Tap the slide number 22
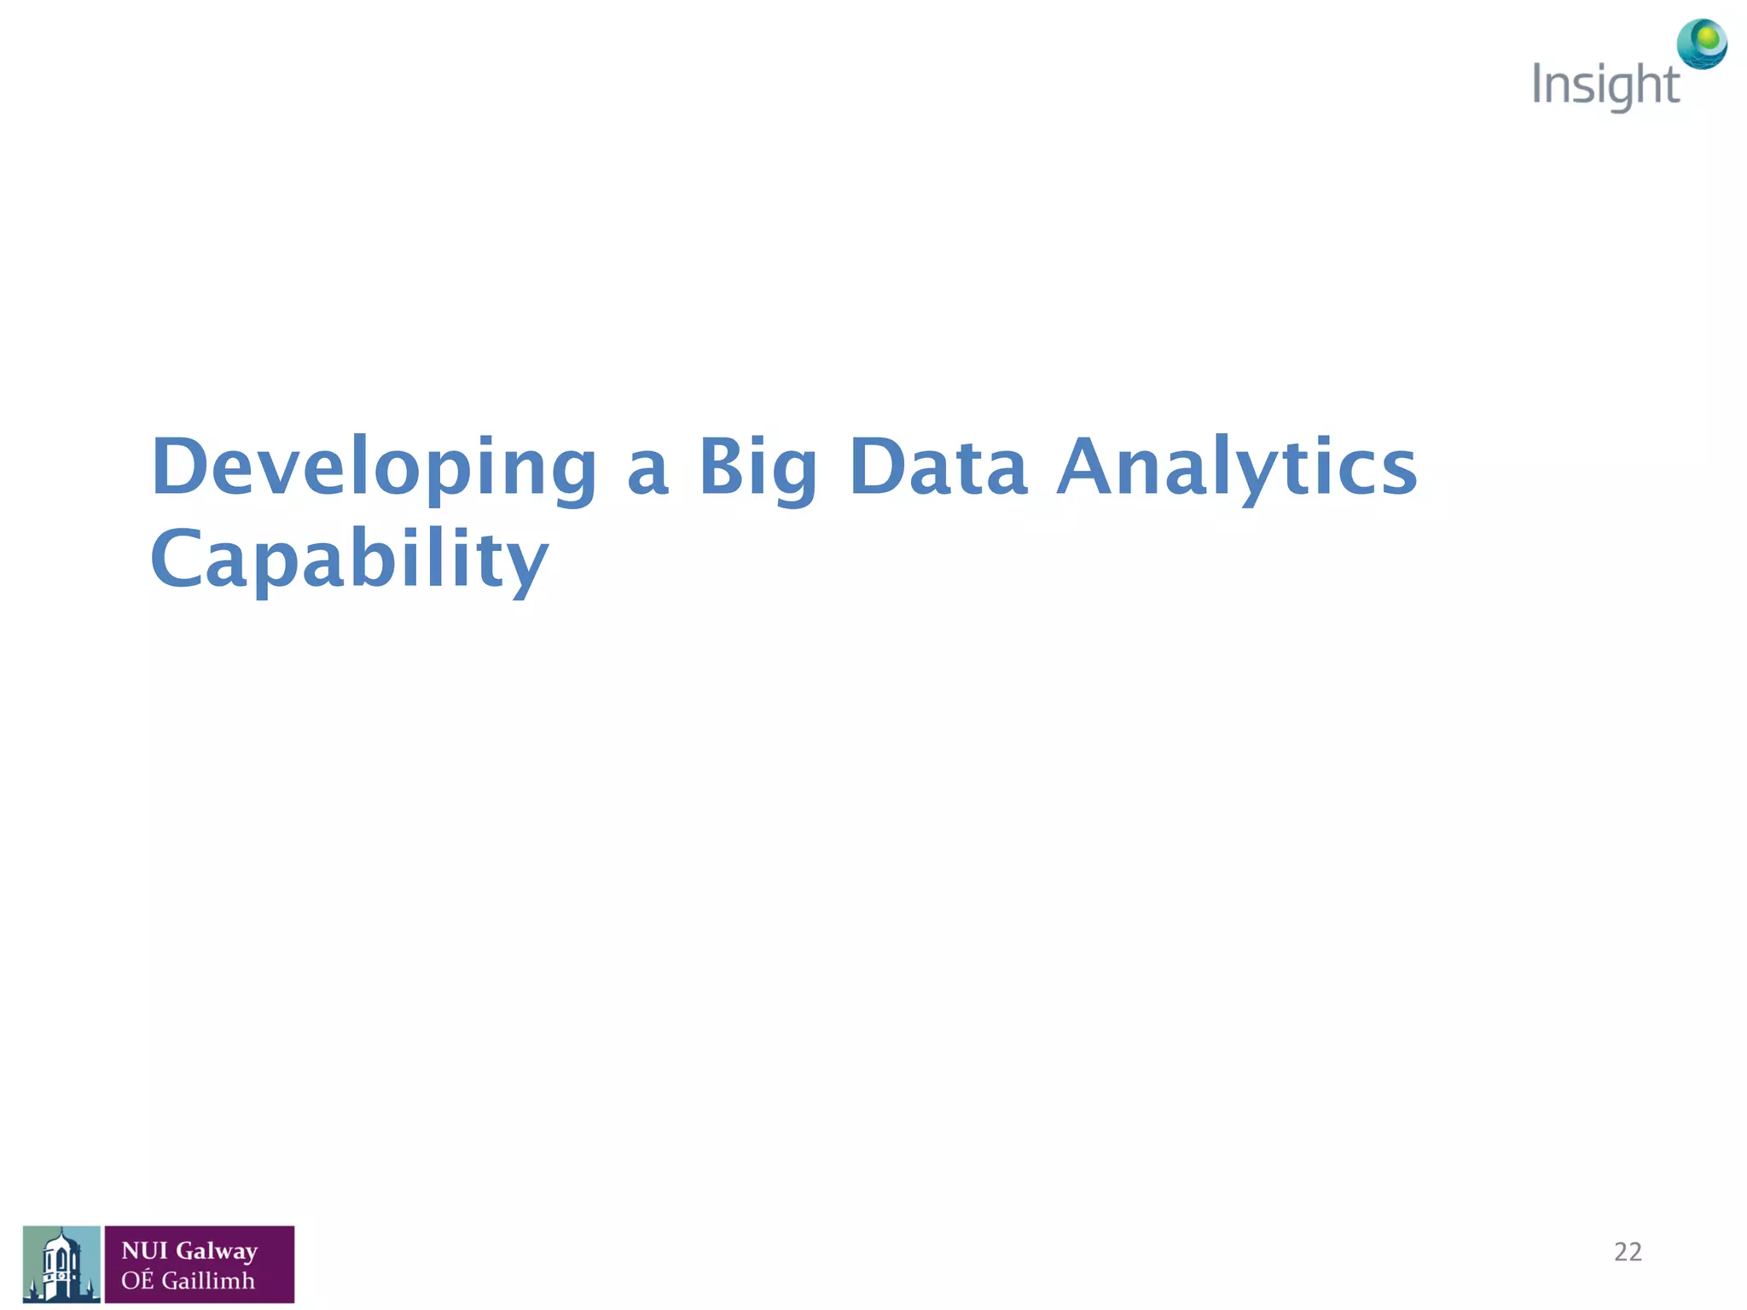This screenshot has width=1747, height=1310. click(x=1628, y=1251)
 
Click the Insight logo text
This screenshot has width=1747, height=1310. click(x=1605, y=86)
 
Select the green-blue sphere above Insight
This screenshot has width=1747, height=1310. click(x=1702, y=43)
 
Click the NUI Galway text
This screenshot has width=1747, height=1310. click(x=189, y=1250)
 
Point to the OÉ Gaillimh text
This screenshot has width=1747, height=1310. click(x=188, y=1280)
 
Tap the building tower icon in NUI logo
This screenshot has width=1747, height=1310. click(x=61, y=1264)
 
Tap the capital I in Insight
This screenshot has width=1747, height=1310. click(x=1537, y=84)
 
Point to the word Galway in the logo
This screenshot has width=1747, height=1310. click(x=217, y=1251)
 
